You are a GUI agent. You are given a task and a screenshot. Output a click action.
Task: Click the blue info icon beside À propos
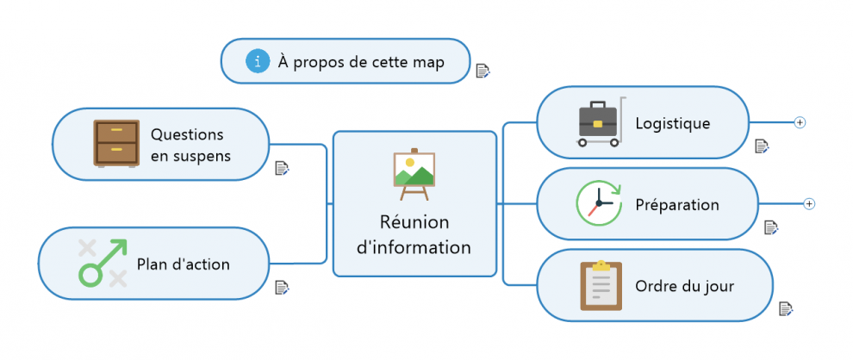point(257,61)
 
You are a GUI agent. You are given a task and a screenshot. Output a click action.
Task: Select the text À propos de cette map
point(361,62)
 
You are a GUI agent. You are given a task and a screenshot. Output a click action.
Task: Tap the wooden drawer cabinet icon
point(116,143)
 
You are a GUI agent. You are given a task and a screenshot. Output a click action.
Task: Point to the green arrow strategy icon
point(103,263)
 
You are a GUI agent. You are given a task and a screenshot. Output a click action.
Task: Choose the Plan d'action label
point(184,264)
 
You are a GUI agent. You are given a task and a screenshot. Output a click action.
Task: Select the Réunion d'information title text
point(414,234)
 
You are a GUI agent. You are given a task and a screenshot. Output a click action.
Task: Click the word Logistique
point(672,123)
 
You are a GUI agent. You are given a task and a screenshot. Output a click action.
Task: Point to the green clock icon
point(597,205)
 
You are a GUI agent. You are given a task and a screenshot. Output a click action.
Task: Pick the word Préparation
point(676,205)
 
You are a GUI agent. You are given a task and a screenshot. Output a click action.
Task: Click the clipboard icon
point(601,285)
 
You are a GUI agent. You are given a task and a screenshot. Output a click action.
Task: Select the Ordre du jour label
point(684,286)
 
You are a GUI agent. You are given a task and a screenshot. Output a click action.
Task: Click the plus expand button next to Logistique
point(800,123)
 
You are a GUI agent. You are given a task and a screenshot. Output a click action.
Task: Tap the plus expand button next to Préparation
point(809,204)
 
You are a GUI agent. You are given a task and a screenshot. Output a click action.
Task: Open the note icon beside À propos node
point(483,71)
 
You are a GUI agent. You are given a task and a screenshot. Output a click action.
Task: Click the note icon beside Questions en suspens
point(282,168)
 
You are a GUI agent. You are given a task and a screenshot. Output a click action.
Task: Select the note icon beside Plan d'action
point(282,288)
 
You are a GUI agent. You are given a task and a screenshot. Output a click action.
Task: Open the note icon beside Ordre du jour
point(786,308)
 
